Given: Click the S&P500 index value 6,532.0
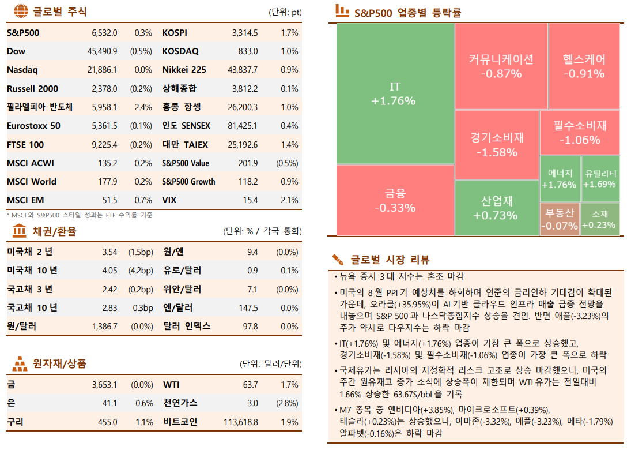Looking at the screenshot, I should click(x=104, y=33).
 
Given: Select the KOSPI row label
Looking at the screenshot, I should click(x=175, y=33).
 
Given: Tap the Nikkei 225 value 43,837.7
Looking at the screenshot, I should click(x=243, y=70).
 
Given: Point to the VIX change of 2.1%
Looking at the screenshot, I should click(x=289, y=200).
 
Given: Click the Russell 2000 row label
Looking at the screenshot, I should click(x=32, y=89).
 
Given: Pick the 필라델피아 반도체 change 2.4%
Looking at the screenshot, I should click(x=143, y=107).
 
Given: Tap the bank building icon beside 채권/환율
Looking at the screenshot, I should click(x=19, y=231).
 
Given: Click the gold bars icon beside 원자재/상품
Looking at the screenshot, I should click(x=19, y=364).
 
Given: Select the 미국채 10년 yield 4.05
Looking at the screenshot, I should click(x=109, y=271).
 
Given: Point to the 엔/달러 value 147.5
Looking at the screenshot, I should click(x=248, y=307).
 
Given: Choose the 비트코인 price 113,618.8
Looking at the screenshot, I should click(x=241, y=422).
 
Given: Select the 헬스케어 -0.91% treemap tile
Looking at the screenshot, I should click(x=584, y=66).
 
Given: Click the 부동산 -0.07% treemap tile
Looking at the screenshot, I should click(x=559, y=219).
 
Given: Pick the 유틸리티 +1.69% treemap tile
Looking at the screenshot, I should click(x=600, y=178).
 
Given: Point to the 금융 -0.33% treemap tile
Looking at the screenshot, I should click(x=394, y=200).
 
